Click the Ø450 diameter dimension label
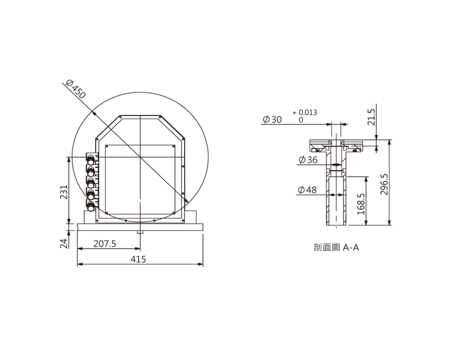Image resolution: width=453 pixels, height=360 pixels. [75, 89]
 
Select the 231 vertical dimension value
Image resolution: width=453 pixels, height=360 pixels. [64, 192]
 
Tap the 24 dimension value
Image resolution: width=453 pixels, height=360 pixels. [64, 244]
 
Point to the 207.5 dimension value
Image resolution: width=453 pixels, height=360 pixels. [104, 244]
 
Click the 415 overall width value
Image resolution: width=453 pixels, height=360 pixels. [138, 259]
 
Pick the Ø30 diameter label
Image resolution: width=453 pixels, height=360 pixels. [272, 119]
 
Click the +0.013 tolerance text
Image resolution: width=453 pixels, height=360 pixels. [304, 113]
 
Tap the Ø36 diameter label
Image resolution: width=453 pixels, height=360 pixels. [308, 160]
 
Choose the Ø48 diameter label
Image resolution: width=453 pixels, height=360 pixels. [307, 190]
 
